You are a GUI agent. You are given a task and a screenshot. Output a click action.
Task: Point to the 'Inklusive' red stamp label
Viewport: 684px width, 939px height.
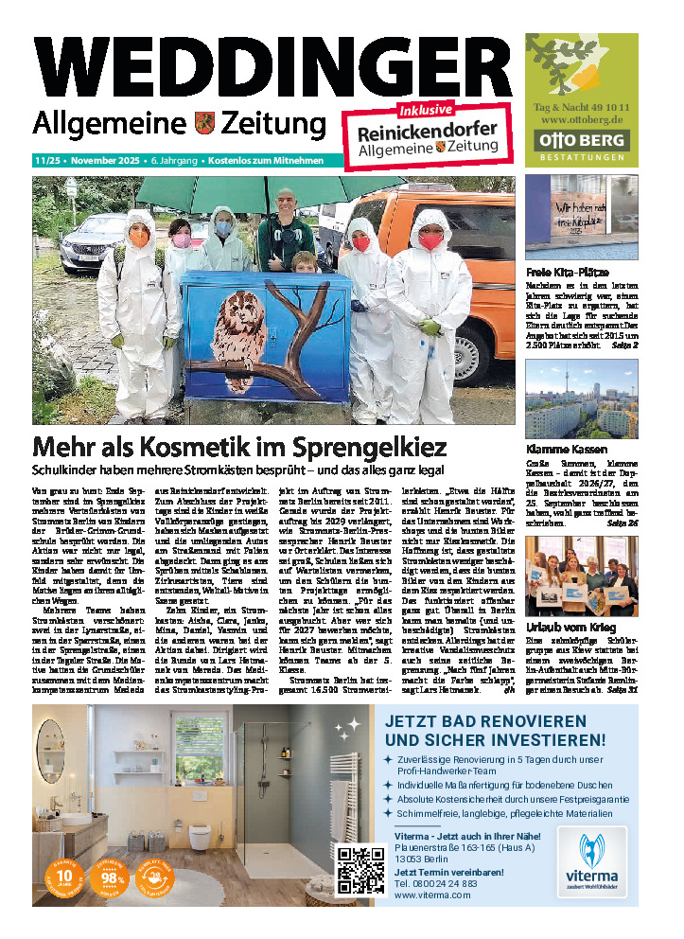[426, 111]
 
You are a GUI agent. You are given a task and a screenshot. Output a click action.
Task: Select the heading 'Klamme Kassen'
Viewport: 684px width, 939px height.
[567, 449]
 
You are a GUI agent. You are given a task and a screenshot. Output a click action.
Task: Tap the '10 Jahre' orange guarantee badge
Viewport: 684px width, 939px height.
[64, 877]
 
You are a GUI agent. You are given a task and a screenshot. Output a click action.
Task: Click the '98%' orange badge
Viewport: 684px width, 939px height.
[110, 877]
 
